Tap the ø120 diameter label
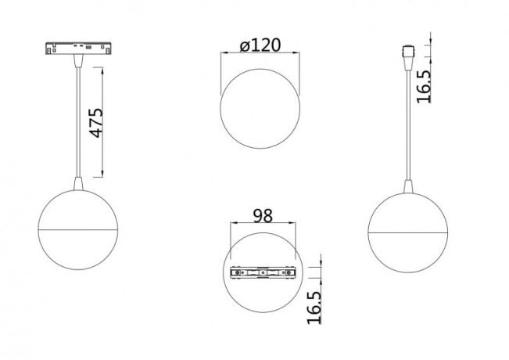pyautogui.click(x=260, y=45)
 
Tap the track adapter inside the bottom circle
pyautogui.click(x=263, y=273)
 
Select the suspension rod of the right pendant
pyautogui.click(x=407, y=125)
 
